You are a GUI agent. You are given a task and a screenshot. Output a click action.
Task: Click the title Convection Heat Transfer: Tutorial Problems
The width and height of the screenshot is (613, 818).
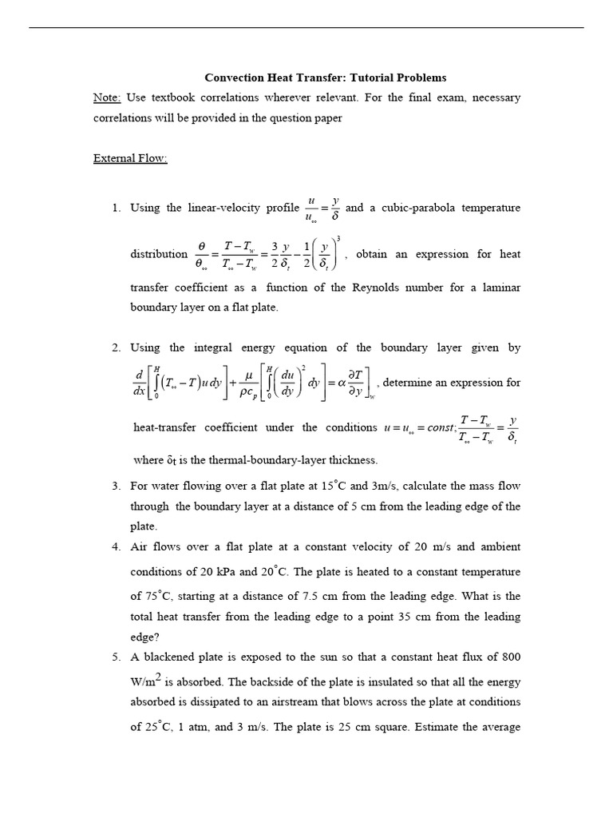point(326,77)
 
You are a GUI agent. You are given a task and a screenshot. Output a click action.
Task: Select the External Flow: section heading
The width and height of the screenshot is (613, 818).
point(130,159)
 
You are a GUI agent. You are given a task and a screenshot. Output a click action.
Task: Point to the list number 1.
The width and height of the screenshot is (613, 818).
point(116,208)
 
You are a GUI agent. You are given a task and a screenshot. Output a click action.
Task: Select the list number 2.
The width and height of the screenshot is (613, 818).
point(116,347)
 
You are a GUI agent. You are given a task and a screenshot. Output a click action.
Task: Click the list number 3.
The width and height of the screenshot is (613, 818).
point(116,486)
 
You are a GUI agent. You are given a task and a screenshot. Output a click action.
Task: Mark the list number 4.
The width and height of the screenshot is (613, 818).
point(116,547)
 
